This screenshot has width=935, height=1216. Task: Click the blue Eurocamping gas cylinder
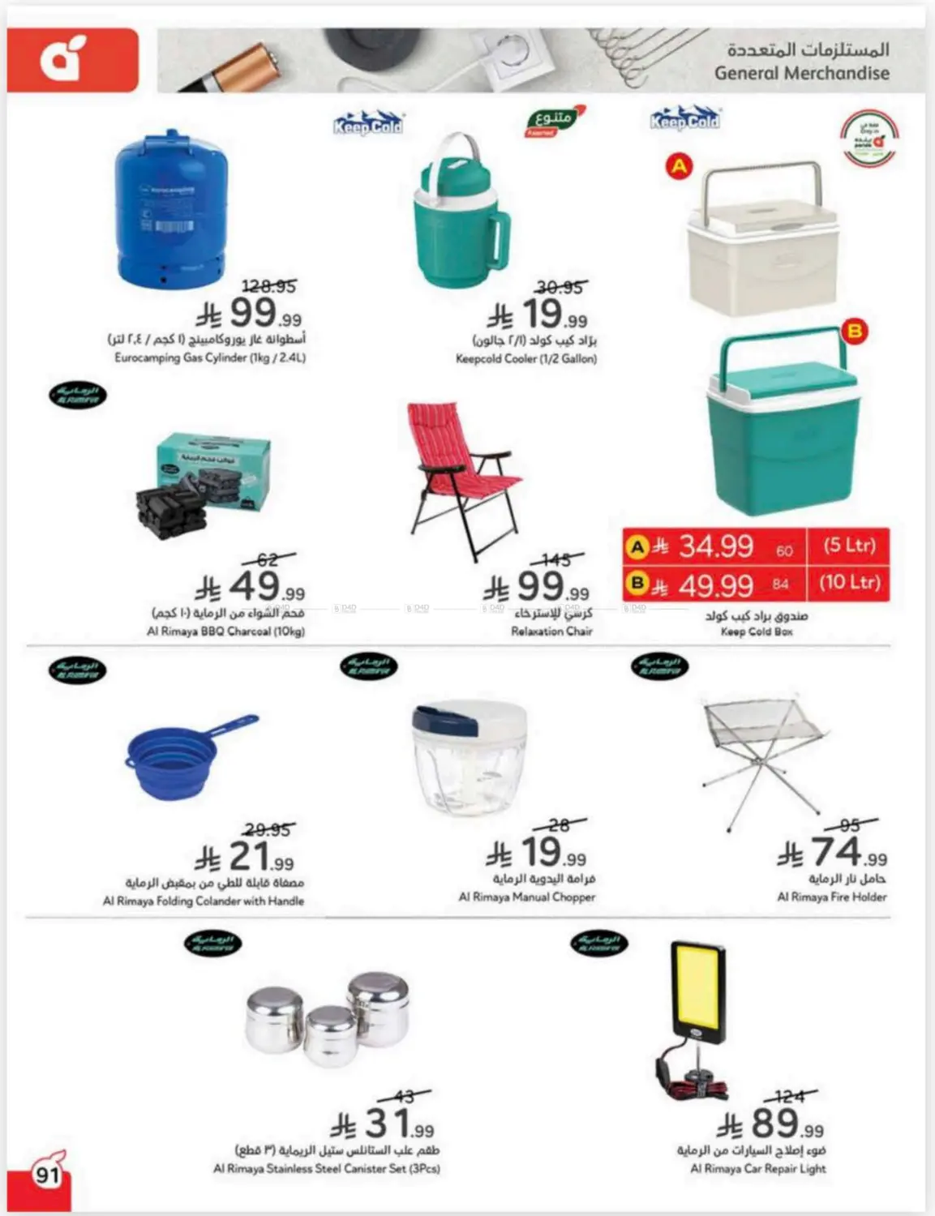[169, 209]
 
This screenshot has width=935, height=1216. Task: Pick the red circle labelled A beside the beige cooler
[679, 167]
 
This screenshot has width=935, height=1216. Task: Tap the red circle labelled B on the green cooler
[854, 331]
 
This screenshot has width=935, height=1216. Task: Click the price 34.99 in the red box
[715, 546]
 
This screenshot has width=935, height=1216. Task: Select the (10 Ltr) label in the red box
[849, 582]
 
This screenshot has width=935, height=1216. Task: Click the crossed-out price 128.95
[269, 286]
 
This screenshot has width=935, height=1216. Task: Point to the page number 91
[47, 1173]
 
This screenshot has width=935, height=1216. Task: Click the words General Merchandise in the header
[801, 73]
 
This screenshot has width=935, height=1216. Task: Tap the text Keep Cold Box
[757, 632]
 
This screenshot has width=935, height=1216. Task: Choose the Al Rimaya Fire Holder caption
[831, 897]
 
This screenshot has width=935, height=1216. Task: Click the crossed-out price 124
[788, 1096]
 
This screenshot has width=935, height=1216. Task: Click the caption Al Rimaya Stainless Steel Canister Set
[326, 1168]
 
